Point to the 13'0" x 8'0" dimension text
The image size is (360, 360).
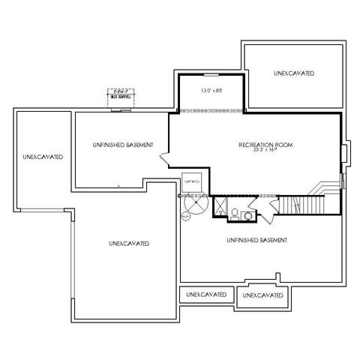tap(211, 91)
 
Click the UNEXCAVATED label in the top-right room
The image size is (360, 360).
tap(293, 73)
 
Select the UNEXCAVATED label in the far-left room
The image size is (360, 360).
tap(42, 157)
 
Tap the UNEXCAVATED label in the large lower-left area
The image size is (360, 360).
tap(128, 244)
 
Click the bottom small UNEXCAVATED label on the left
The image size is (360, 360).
tap(206, 295)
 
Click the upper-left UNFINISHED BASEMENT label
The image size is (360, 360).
tap(124, 144)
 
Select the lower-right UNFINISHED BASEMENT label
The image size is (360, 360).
tap(257, 240)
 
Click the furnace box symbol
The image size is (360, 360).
tap(193, 183)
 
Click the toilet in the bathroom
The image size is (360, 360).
tap(236, 214)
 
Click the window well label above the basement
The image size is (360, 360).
tap(119, 95)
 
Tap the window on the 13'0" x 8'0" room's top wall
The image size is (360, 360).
tap(211, 76)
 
